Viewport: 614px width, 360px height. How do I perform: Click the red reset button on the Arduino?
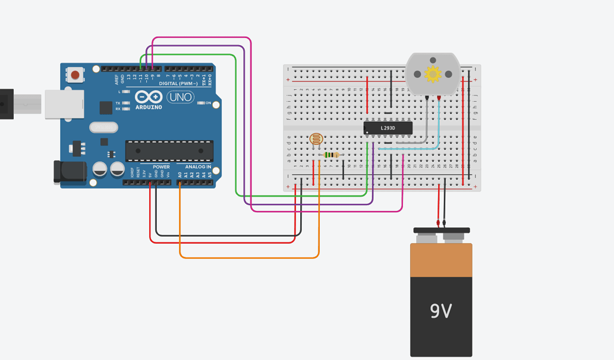75,75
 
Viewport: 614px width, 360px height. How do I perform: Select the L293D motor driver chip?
388,128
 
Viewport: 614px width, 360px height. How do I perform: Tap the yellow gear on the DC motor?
433,74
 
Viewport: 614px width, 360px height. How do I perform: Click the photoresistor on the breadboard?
316,140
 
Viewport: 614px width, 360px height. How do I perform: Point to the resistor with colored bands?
331,155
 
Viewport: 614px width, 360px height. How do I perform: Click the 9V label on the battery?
440,311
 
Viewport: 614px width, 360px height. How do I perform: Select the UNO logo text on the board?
180,97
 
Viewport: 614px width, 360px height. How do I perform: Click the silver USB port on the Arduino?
64,104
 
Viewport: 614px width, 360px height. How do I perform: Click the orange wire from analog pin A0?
250,258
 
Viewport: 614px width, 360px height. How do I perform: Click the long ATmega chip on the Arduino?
169,151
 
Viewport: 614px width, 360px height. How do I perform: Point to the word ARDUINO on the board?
149,108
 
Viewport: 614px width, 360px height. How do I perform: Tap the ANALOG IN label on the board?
198,167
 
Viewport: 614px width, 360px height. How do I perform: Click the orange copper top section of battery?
441,260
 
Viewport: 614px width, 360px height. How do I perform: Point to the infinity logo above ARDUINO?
148,97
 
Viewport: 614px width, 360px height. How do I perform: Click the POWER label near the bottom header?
161,167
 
